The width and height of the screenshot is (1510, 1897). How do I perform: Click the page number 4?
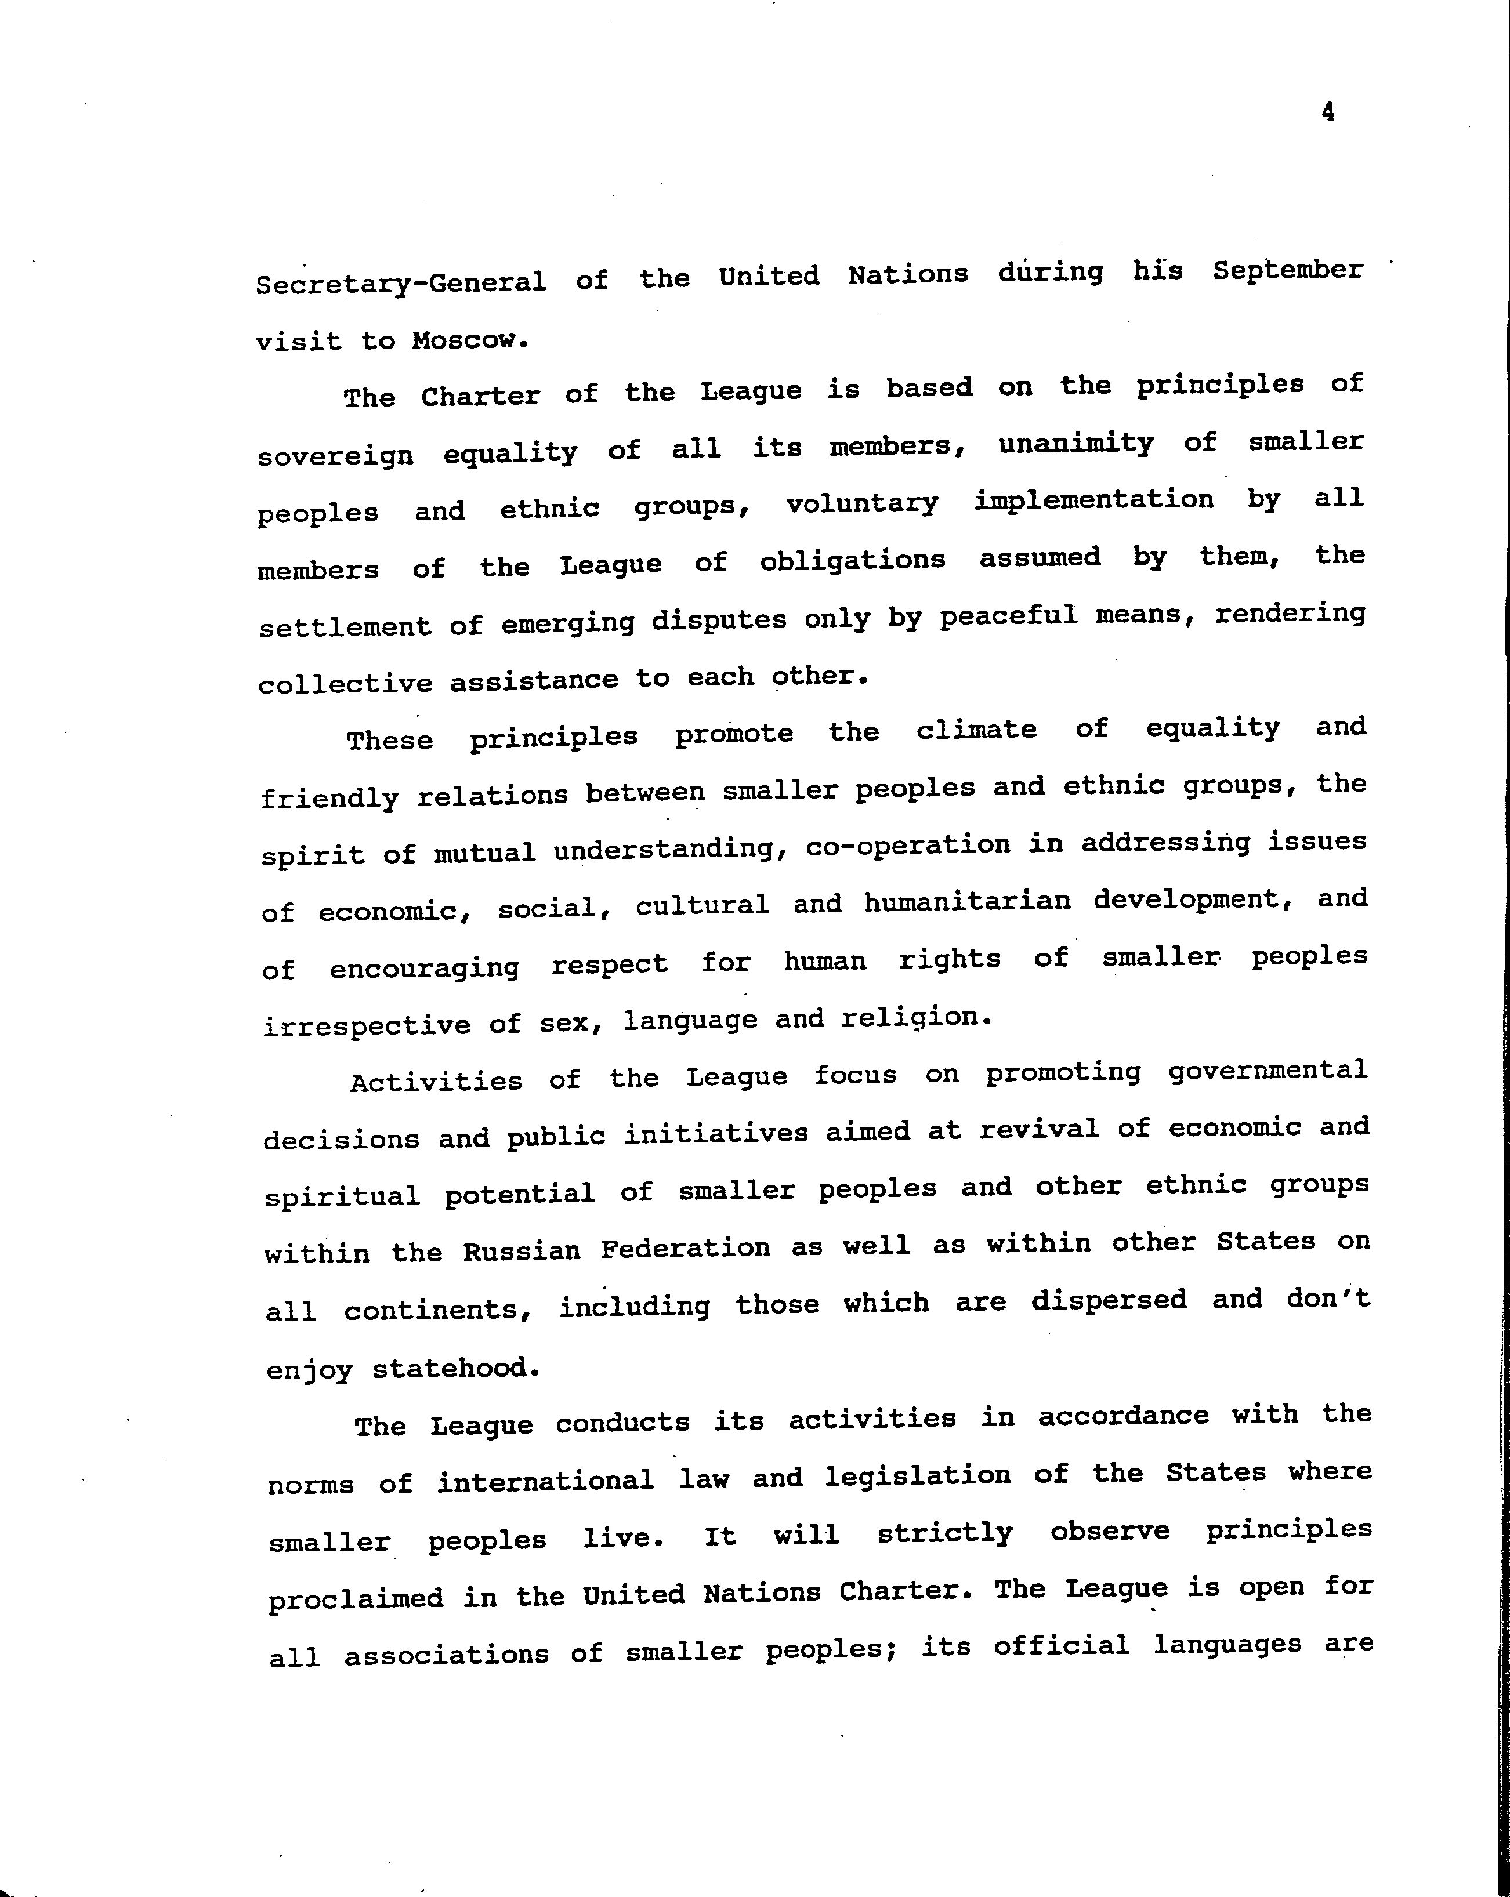(1328, 112)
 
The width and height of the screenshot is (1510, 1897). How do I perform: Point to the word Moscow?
(470, 340)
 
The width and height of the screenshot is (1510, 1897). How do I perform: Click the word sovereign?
(335, 456)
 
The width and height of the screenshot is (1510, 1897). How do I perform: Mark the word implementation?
(1093, 500)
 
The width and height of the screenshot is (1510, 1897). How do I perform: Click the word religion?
(916, 1018)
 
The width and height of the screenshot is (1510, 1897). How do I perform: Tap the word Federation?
(686, 1247)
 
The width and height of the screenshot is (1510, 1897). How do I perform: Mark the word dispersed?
(1109, 1300)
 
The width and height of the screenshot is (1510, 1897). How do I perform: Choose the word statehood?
(455, 1368)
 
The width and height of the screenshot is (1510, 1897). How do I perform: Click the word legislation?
(918, 1475)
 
